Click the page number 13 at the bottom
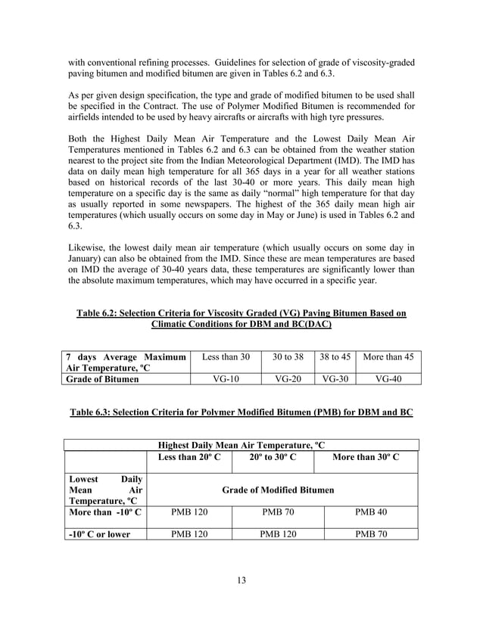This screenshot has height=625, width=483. pyautogui.click(x=241, y=580)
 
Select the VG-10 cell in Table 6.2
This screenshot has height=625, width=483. pyautogui.click(x=225, y=379)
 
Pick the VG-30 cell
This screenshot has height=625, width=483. pyautogui.click(x=334, y=379)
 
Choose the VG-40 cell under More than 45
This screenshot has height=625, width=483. pyautogui.click(x=388, y=379)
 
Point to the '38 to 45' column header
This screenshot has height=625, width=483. pyautogui.click(x=335, y=356)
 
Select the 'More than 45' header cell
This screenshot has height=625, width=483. pyautogui.click(x=388, y=356)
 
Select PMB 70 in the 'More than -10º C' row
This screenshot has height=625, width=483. pyautogui.click(x=278, y=512)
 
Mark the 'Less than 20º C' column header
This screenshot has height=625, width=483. pyautogui.click(x=189, y=459)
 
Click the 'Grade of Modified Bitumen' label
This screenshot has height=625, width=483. pyautogui.click(x=277, y=490)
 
